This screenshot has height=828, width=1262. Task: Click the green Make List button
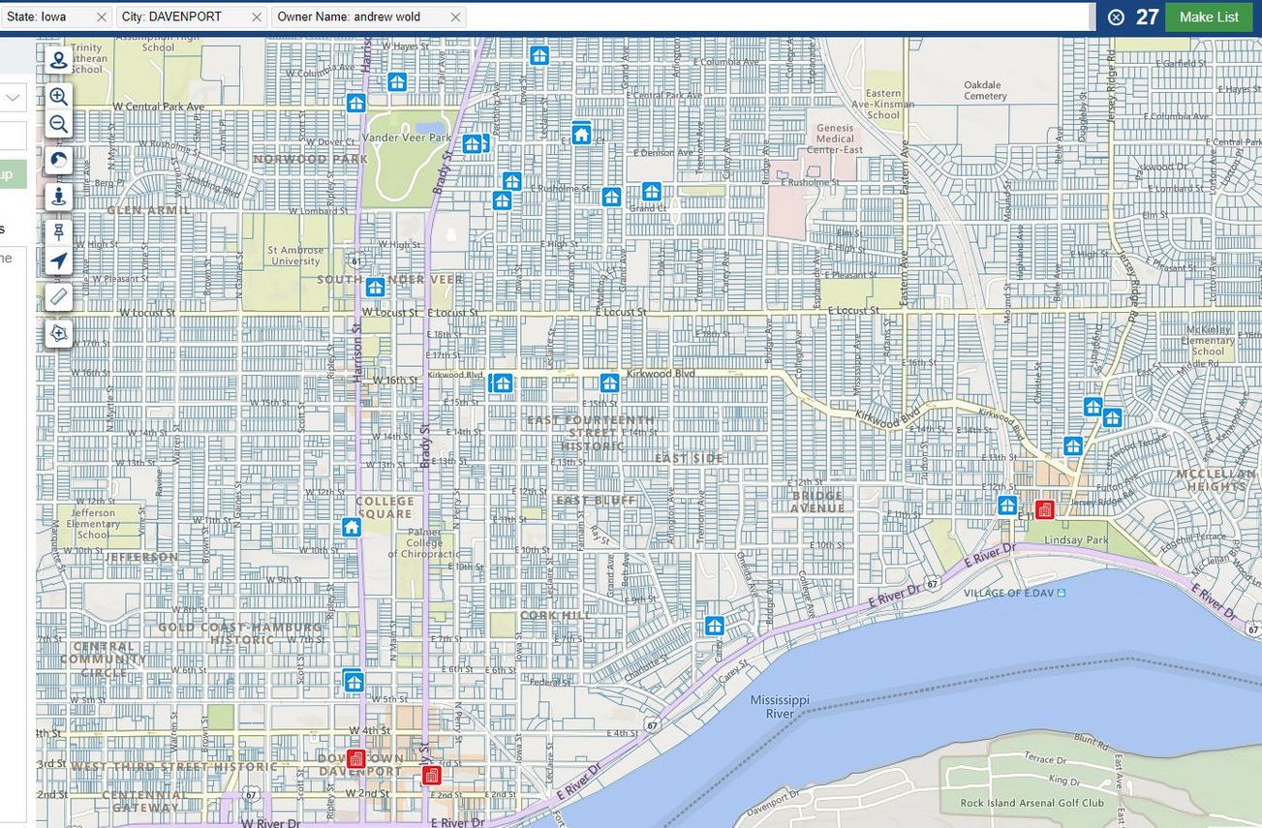tap(1209, 16)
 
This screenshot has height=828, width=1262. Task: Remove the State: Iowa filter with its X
tap(102, 17)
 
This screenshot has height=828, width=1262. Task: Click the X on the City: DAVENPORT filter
tap(257, 17)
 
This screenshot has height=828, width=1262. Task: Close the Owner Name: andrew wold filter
tap(455, 17)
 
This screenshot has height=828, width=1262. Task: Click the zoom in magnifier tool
tap(59, 96)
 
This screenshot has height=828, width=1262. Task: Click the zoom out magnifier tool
tap(59, 124)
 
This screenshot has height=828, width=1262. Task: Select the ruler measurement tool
tap(59, 297)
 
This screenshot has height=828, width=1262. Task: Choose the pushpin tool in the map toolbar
tap(59, 232)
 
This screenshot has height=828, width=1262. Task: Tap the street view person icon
tap(59, 197)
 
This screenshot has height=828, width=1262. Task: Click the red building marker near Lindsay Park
tap(1044, 509)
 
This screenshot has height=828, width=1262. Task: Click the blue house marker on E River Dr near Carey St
tap(715, 626)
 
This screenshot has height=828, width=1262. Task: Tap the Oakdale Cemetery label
tap(985, 90)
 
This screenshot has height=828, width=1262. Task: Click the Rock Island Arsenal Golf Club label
tap(1031, 803)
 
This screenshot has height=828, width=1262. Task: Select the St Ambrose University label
tap(295, 256)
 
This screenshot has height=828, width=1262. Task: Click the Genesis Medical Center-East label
tap(835, 138)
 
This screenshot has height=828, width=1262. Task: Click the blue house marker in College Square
tap(352, 527)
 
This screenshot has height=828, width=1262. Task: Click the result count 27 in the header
tap(1147, 16)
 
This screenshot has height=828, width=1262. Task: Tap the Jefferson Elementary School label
tap(93, 524)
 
